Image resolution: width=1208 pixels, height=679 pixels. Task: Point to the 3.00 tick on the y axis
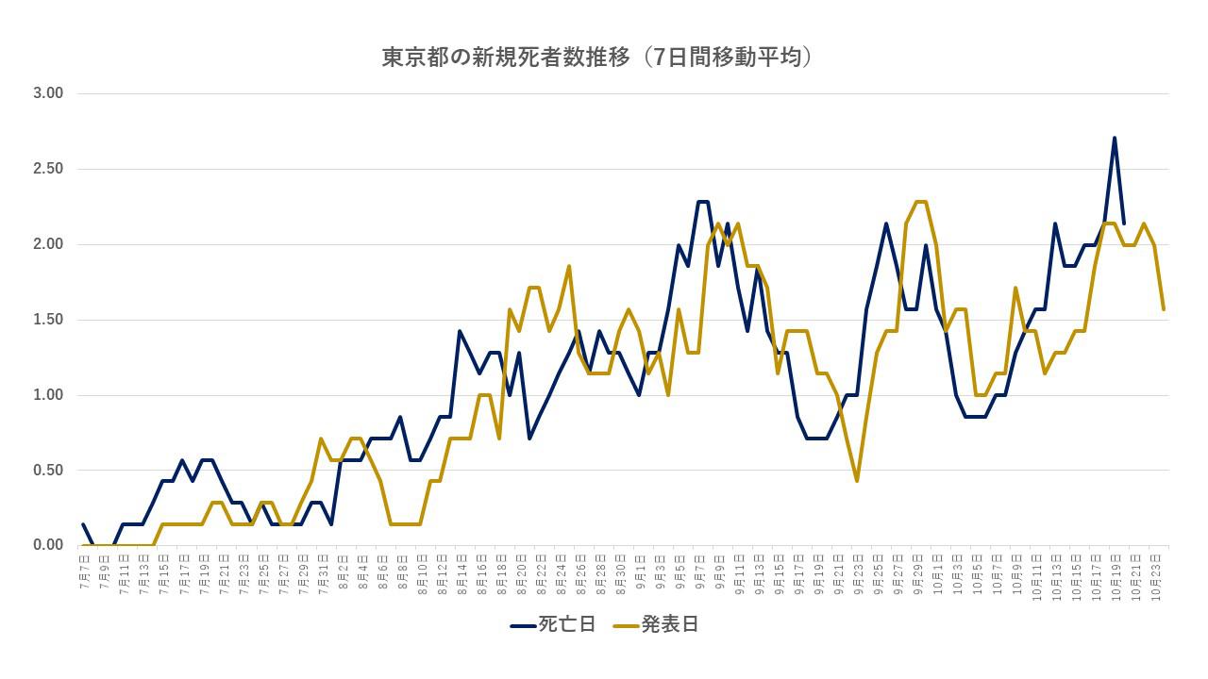47,93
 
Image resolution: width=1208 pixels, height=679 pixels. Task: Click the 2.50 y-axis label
47,169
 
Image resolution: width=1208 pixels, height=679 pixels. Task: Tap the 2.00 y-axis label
47,244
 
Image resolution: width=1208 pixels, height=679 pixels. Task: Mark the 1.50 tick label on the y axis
47,320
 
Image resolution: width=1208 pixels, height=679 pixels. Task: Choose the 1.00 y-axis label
47,395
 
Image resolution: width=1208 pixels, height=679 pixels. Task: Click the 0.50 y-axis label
47,471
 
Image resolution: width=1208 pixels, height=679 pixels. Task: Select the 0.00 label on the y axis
47,545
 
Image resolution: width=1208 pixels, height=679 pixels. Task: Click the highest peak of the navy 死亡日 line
1115,138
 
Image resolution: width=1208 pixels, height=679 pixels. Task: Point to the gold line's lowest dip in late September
857,481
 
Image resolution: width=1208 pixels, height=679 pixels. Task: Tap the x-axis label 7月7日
86,571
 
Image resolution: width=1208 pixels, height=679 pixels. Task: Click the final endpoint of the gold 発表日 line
1164,309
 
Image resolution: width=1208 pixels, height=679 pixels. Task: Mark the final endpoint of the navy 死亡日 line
1124,224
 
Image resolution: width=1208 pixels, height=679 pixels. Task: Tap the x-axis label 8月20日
522,572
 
